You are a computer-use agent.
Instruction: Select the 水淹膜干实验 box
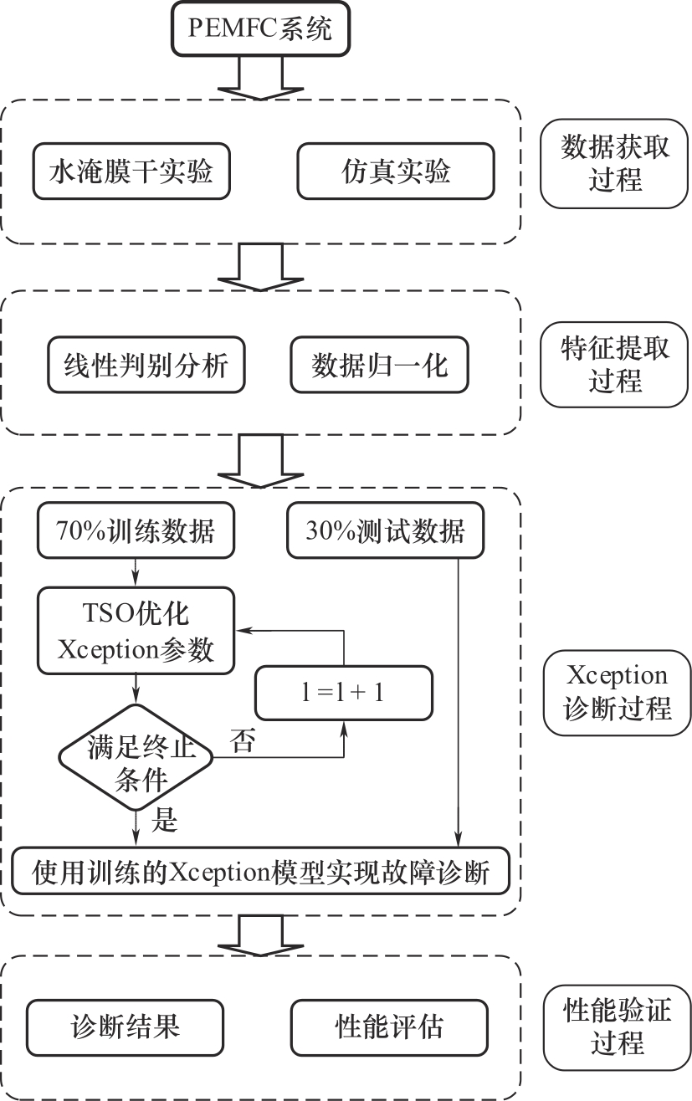[x=131, y=172]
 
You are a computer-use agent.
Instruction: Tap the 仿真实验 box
[x=396, y=172]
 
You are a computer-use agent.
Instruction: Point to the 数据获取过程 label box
[x=616, y=164]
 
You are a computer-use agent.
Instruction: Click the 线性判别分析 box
[x=146, y=366]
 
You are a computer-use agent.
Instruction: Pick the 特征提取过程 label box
[x=616, y=364]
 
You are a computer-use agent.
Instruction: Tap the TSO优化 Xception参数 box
[x=136, y=632]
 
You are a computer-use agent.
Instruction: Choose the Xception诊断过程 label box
[x=616, y=692]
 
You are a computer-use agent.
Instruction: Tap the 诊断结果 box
[x=126, y=1026]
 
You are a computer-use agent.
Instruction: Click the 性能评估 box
[x=389, y=1026]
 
